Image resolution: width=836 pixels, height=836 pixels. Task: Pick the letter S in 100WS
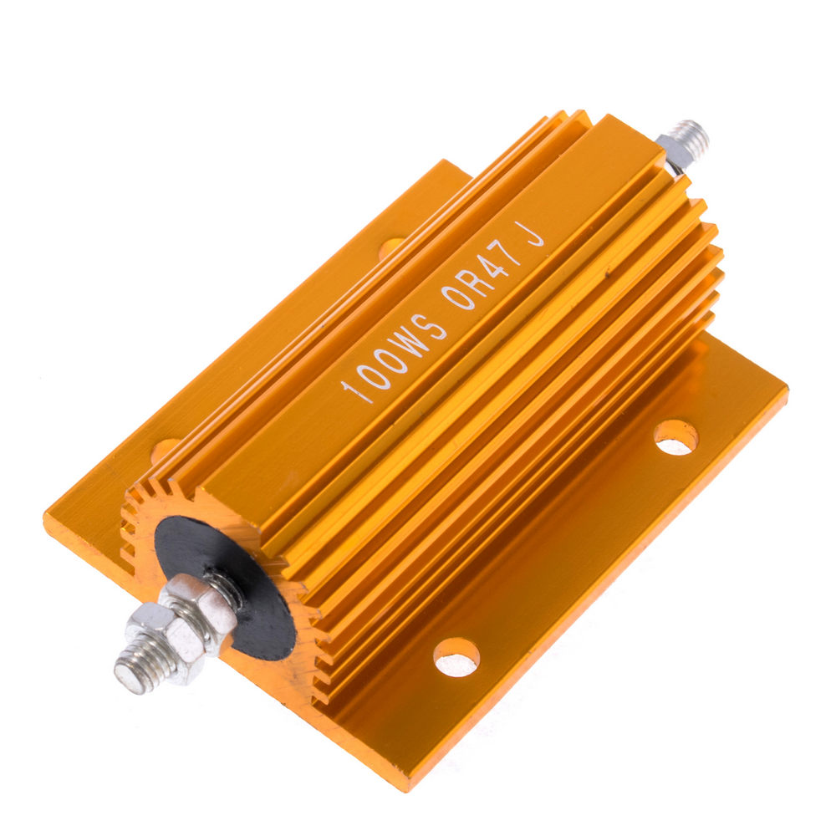pos(434,326)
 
